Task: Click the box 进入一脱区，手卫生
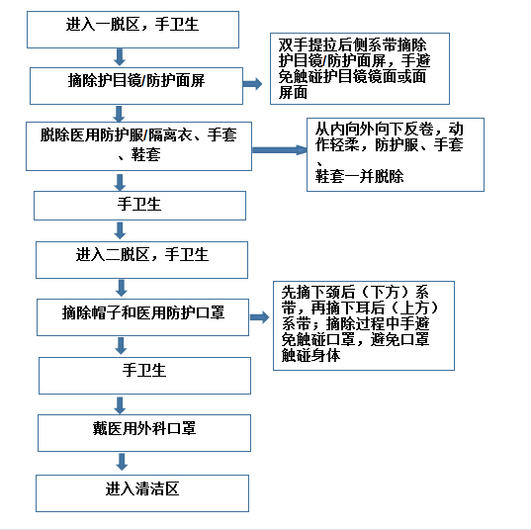click(133, 30)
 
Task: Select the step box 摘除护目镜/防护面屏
click(136, 86)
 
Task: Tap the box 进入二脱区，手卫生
click(141, 260)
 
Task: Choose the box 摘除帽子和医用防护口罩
click(143, 317)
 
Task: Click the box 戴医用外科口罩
click(144, 433)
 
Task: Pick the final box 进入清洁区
click(142, 493)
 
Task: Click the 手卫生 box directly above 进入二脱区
click(139, 206)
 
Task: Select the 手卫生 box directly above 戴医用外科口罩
click(145, 376)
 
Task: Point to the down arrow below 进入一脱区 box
click(120, 57)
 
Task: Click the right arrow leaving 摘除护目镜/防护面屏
click(252, 84)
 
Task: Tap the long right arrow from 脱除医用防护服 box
click(280, 150)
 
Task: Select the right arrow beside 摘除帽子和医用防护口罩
click(259, 317)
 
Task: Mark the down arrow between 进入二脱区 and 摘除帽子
click(122, 288)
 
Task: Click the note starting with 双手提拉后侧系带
click(360, 69)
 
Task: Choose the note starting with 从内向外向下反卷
click(396, 155)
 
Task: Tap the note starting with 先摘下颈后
click(364, 325)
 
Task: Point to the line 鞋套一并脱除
click(359, 176)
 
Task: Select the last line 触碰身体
click(310, 356)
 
